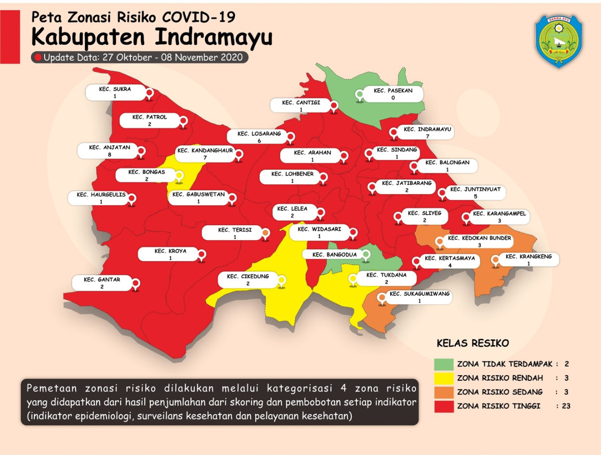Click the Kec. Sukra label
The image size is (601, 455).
(115, 92)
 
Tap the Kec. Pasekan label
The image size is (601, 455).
(393, 94)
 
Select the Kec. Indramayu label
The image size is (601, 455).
(427, 132)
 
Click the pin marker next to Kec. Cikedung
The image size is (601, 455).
(282, 281)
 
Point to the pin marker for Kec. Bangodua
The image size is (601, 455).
(365, 255)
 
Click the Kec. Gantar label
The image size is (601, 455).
(102, 283)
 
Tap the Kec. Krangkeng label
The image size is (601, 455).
(528, 260)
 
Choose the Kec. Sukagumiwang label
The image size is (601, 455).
(419, 297)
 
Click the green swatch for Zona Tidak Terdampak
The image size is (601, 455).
(444, 364)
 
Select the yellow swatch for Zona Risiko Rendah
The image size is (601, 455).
(444, 378)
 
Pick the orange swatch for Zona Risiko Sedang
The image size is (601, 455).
(444, 392)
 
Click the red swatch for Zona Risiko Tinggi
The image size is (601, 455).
(444, 406)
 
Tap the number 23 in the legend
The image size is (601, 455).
(566, 406)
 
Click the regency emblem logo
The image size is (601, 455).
(559, 41)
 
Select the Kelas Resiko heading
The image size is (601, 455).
(472, 343)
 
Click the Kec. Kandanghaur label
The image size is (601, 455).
(205, 154)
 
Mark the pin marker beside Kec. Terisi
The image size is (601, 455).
(265, 233)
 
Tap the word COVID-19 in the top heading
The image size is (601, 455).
(199, 17)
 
